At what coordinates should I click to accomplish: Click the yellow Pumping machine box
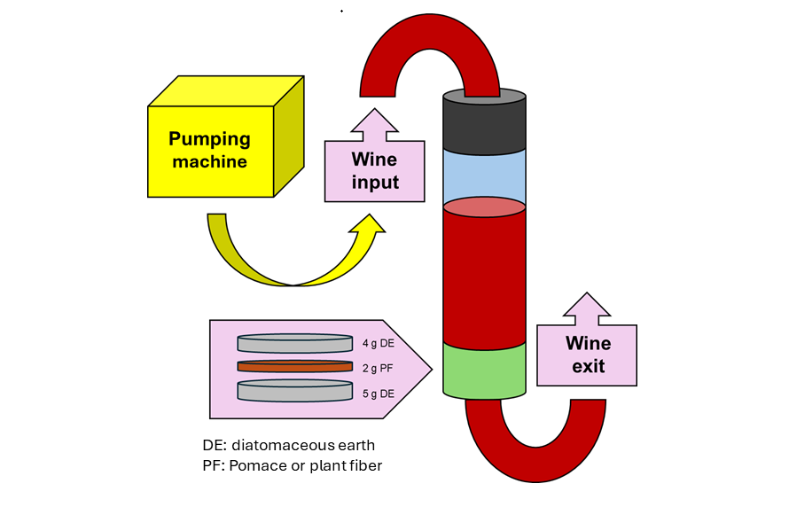tap(225, 136)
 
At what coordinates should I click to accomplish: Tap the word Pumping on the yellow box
tap(209, 139)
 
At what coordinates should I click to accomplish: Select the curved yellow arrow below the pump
tap(296, 250)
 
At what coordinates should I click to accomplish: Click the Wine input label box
tap(374, 155)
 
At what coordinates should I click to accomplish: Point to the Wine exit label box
tap(587, 339)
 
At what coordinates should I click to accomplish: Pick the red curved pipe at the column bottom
tap(535, 441)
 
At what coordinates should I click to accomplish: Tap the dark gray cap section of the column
tap(484, 121)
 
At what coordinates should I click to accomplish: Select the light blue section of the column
tap(484, 175)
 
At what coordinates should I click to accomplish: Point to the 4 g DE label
tap(379, 344)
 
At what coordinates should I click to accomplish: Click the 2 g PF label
tap(378, 368)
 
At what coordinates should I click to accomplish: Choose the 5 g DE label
tap(379, 394)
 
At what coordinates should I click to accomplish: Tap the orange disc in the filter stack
tap(295, 366)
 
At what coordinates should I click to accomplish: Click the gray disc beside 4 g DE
tap(295, 343)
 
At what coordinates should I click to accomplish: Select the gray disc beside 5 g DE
tap(295, 391)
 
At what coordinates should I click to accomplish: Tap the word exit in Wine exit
tap(589, 366)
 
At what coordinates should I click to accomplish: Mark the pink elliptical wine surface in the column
tap(484, 207)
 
